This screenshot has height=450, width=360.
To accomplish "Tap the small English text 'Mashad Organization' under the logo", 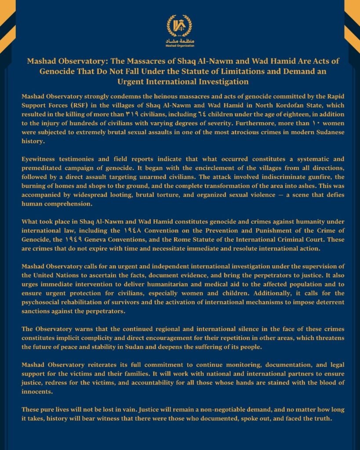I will (x=179, y=45).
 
